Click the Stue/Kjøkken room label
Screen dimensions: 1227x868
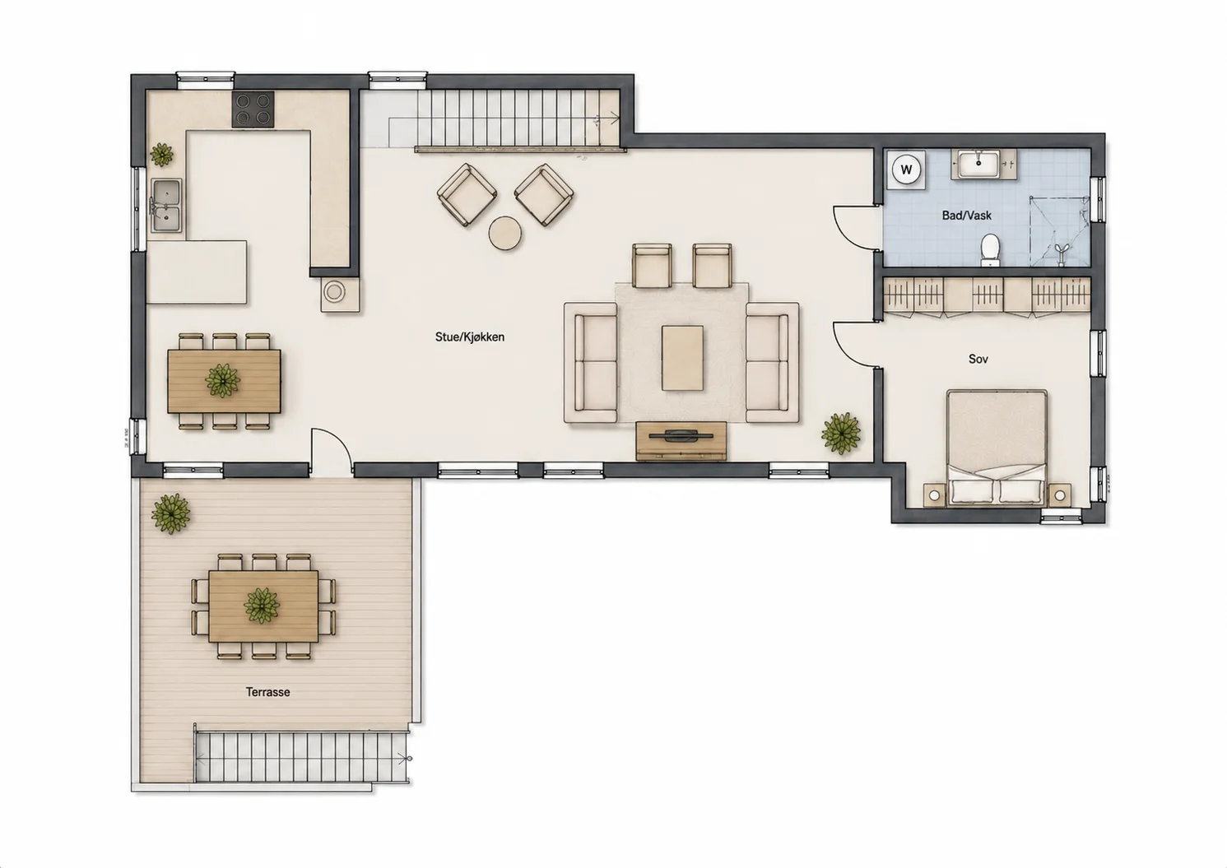(x=469, y=337)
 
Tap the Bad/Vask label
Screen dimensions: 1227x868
(x=966, y=216)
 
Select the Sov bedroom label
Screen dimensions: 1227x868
(x=978, y=359)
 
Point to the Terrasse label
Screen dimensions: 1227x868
(x=267, y=692)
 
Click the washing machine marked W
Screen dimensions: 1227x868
(x=906, y=169)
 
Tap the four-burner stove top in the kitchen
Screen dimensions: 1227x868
(x=253, y=109)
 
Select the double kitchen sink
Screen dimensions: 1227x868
(x=166, y=206)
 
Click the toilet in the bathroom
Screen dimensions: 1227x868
(x=990, y=251)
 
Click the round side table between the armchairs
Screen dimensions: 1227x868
(x=504, y=233)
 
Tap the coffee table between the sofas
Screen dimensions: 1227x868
(x=682, y=358)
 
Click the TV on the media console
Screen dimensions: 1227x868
(x=681, y=436)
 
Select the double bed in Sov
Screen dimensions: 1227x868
(x=997, y=448)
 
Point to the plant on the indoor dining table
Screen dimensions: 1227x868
(x=222, y=380)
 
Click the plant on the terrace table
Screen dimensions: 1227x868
(x=262, y=606)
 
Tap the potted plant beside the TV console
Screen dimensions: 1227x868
(x=841, y=434)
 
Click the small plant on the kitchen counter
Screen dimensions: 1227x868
(x=161, y=155)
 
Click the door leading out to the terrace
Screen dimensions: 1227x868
(x=331, y=451)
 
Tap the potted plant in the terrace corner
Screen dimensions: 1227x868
(x=171, y=513)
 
